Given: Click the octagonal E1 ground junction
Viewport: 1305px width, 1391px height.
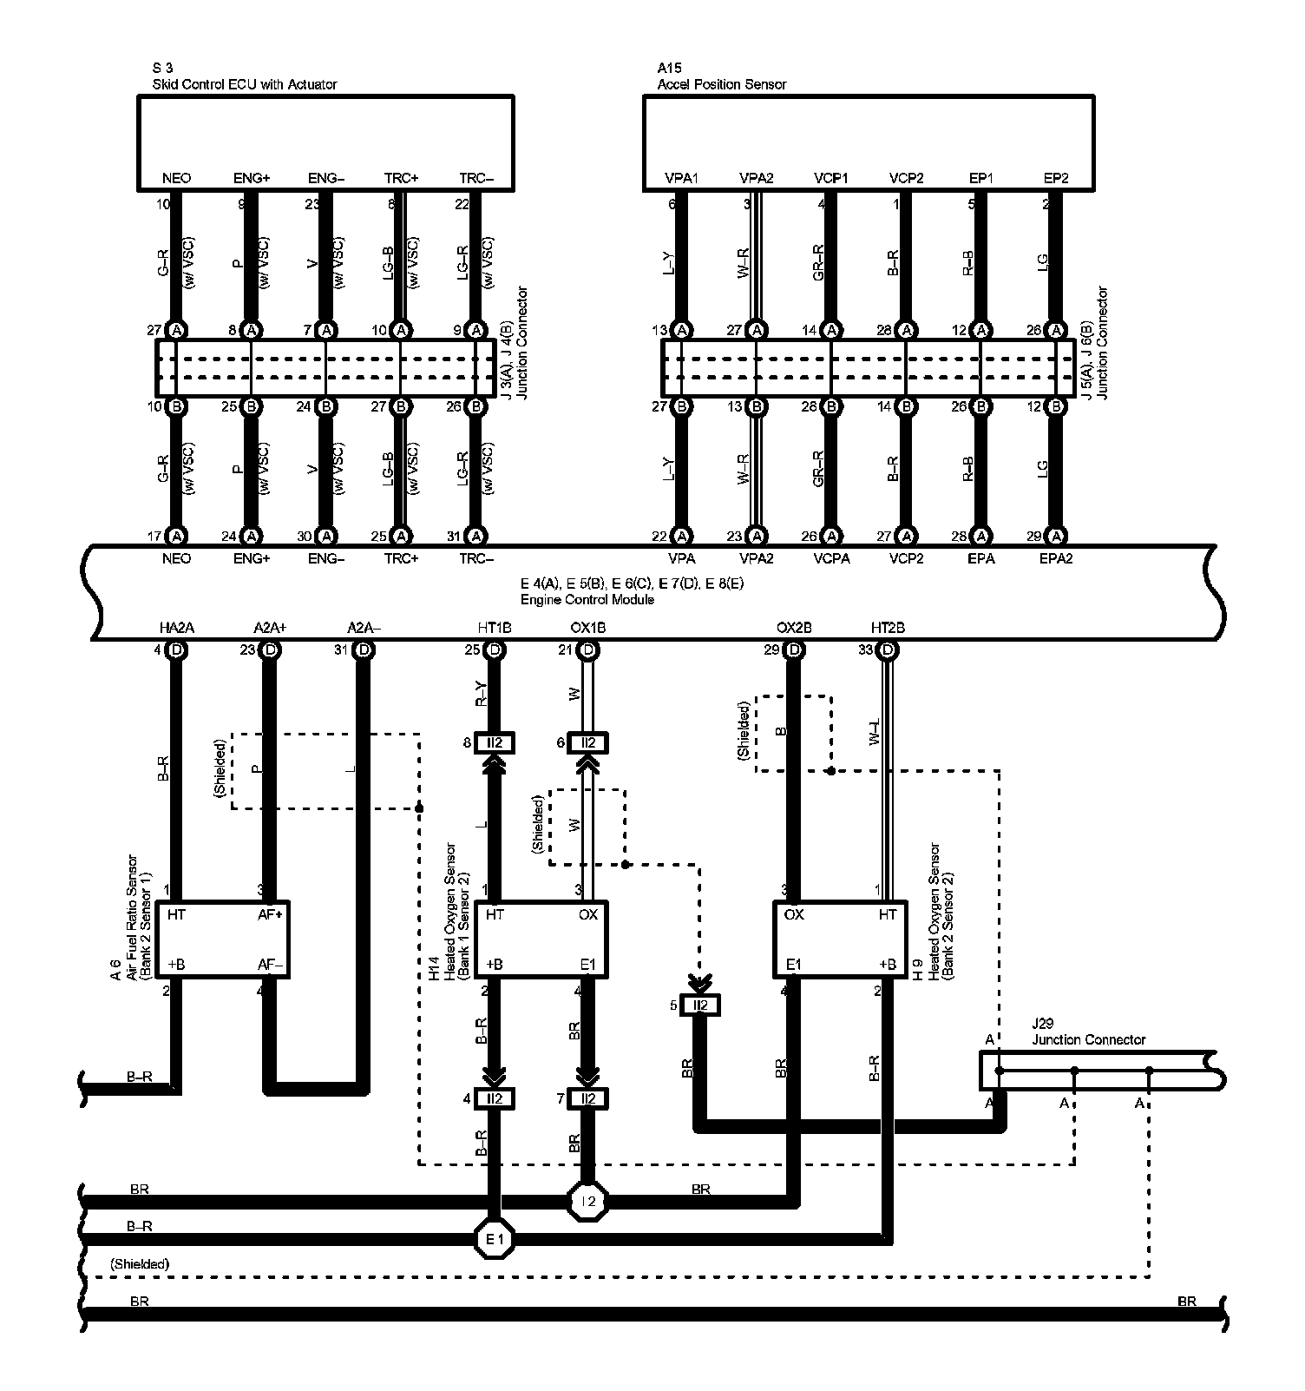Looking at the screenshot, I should tap(495, 1239).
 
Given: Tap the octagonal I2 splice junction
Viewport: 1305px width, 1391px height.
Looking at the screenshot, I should tap(588, 1202).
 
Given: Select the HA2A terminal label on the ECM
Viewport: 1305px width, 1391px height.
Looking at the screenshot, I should tap(176, 627).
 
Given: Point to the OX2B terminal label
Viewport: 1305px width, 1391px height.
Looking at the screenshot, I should tap(794, 627).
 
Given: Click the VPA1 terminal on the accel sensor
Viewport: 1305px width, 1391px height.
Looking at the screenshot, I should tap(682, 178).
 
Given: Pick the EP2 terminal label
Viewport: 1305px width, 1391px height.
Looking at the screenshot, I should tap(1056, 178).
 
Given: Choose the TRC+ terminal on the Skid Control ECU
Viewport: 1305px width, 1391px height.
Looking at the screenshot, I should tap(401, 178).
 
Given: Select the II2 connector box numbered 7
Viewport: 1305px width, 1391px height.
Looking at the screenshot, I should tap(588, 1098).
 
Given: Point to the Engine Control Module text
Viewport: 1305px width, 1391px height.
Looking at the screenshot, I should tap(587, 599).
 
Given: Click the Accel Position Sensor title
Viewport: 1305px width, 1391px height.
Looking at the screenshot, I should tap(722, 84).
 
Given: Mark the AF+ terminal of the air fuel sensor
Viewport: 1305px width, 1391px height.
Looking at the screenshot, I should tap(272, 914).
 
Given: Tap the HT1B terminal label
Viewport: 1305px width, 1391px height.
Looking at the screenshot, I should tap(495, 627).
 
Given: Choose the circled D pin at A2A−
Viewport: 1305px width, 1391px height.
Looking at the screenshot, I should tap(364, 649).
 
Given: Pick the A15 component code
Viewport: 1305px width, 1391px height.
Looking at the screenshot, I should tap(669, 68).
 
